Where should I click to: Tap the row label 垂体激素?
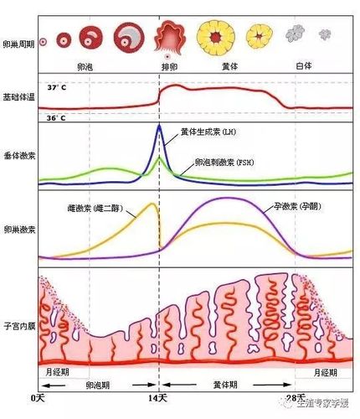pyautogui.click(x=19, y=156)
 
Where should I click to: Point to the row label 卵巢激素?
pyautogui.click(x=19, y=230)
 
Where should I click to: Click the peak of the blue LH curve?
pyautogui.click(x=160, y=127)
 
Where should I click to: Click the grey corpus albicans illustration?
pyautogui.click(x=295, y=34)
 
